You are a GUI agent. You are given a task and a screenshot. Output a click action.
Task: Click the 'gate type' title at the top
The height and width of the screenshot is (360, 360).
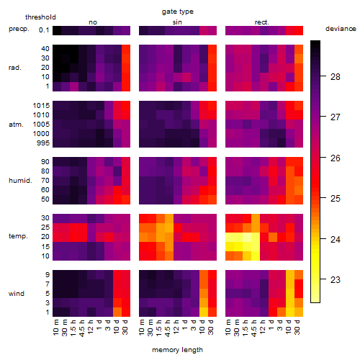point(178,12)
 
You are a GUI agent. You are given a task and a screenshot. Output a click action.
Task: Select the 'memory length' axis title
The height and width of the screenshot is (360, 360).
point(177,350)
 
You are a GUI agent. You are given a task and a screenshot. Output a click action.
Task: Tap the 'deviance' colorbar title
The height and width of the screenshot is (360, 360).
point(341,29)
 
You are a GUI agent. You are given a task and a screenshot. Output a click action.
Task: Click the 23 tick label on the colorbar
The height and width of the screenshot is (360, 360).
point(336,279)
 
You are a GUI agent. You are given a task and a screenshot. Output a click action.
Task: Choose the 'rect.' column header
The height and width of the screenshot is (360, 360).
point(261,22)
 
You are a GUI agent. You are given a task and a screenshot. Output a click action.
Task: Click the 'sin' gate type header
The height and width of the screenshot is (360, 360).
point(177,22)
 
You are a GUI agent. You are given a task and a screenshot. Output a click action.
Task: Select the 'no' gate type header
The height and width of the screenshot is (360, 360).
point(93,22)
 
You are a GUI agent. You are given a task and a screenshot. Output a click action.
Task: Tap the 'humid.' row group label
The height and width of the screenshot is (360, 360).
point(20,181)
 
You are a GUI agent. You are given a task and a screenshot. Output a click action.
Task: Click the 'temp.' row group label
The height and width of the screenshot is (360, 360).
point(18,236)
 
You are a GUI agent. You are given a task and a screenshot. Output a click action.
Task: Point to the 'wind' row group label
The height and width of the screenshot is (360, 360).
point(17,294)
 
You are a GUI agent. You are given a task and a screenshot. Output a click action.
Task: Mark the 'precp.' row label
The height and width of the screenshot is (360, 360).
point(19,29)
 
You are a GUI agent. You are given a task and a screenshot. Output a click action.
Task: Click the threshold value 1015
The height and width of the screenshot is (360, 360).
point(41,106)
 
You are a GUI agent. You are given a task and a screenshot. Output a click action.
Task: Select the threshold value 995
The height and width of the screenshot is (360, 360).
point(43,143)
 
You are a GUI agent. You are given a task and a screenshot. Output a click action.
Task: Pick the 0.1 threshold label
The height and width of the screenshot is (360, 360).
point(44,30)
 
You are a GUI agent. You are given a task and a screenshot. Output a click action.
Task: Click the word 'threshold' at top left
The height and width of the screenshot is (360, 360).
point(40,17)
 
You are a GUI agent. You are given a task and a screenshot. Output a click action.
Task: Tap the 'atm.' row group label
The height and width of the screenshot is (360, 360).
point(16,125)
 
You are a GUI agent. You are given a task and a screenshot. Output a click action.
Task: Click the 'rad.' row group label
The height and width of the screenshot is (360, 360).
point(15,68)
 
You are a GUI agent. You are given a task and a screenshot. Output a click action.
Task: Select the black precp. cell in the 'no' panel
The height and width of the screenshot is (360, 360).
point(57,30)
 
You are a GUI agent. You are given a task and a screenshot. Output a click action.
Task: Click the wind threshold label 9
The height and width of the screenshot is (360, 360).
point(48,275)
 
